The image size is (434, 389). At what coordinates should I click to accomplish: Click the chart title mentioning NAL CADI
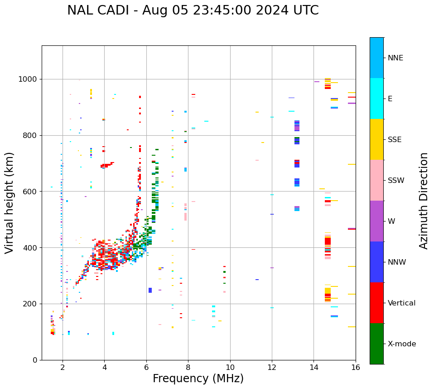point(193,10)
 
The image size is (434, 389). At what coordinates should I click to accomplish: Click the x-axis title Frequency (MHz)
point(198,379)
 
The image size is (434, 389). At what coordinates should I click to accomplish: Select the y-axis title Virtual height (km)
point(10,203)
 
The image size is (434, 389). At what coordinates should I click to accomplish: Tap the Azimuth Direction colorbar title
point(424,201)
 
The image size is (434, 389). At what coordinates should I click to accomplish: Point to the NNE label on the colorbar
point(395,58)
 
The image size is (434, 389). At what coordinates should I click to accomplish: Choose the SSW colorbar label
point(395,181)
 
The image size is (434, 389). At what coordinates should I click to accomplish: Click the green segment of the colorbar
point(376,344)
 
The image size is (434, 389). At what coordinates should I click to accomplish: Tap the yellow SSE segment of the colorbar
point(376,139)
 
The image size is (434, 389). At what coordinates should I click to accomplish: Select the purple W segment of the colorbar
point(376,221)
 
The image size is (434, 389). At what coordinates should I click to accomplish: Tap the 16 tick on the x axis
point(356,367)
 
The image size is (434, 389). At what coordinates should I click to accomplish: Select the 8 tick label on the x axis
point(188,367)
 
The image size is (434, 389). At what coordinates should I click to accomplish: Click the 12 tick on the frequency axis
point(272,367)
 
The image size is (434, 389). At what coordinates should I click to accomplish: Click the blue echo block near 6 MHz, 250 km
point(150,290)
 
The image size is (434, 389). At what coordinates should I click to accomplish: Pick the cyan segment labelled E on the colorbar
point(376,98)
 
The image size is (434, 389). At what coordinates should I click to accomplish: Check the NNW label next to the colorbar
point(397,262)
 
